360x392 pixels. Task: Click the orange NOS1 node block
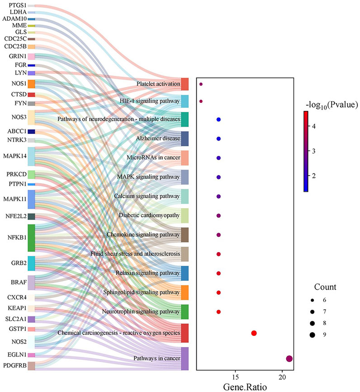click(31, 84)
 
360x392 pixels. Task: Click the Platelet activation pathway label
click(157, 84)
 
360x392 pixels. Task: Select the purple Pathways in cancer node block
click(185, 359)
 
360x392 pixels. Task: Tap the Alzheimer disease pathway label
click(161, 138)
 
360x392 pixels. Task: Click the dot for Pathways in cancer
click(289, 359)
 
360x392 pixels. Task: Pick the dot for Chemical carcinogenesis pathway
click(254, 333)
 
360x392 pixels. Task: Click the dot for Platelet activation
click(201, 84)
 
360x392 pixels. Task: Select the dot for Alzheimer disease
click(218, 139)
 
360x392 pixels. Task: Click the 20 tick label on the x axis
click(282, 377)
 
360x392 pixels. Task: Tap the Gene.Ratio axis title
click(244, 387)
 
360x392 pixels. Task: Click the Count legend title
click(325, 287)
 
